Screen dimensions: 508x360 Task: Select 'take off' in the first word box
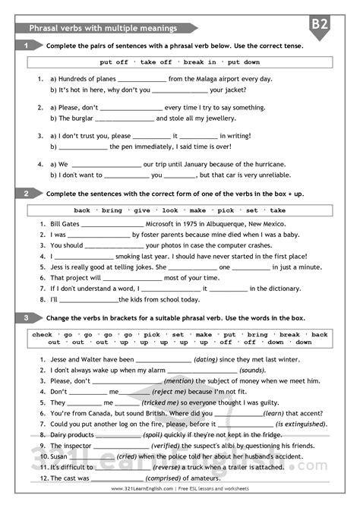156,62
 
